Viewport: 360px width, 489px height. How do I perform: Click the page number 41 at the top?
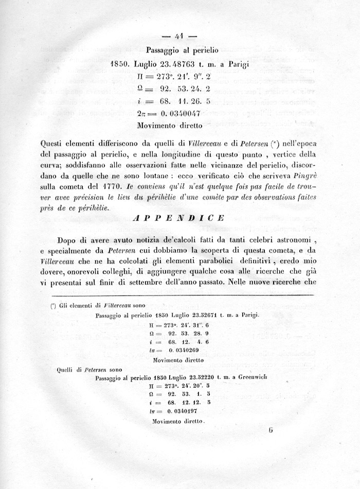click(180, 37)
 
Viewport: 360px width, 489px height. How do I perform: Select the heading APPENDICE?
click(179, 218)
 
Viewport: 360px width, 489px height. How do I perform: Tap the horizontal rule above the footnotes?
click(179, 295)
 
